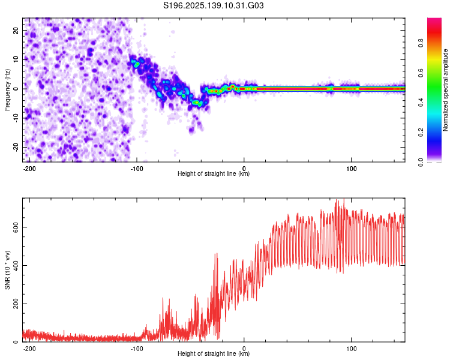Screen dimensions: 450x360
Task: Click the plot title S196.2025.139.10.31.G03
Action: [x=213, y=5]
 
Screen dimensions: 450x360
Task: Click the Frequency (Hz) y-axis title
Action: [x=7, y=90]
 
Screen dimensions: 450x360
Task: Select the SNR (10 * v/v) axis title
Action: [x=7, y=270]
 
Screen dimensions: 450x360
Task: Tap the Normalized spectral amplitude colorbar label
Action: [x=445, y=90]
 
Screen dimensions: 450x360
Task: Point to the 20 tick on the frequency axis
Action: [x=16, y=30]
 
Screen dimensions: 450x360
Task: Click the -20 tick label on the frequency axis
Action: [x=16, y=147]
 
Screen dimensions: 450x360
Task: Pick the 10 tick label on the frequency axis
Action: [x=16, y=59]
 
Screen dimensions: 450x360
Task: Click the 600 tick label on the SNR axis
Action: [x=16, y=227]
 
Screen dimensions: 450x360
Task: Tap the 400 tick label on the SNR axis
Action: [x=16, y=265]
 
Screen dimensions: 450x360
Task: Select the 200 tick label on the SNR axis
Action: [x=16, y=304]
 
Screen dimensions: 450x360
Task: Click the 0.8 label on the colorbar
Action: [x=421, y=43]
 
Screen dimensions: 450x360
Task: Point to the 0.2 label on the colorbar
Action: [x=421, y=133]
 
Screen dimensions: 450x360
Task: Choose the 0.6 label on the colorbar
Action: [x=421, y=73]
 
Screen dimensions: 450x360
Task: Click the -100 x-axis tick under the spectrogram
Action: [x=137, y=169]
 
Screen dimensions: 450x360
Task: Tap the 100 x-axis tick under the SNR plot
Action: [x=351, y=349]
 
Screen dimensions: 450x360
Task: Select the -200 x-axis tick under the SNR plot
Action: [x=29, y=349]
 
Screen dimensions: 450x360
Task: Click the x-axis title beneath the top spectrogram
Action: [x=214, y=173]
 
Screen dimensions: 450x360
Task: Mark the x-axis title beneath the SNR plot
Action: [x=214, y=353]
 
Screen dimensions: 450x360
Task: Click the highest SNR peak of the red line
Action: [x=344, y=199]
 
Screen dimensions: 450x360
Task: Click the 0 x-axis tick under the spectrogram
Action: [x=244, y=169]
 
